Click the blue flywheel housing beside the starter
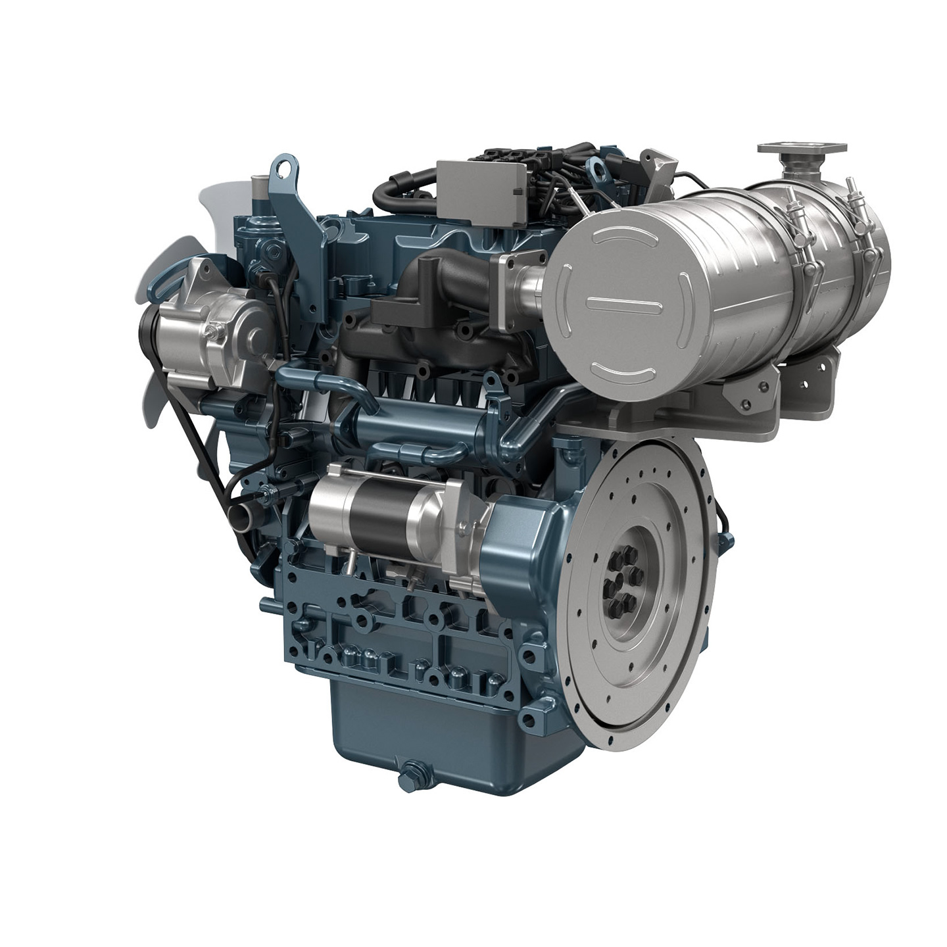(520, 533)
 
